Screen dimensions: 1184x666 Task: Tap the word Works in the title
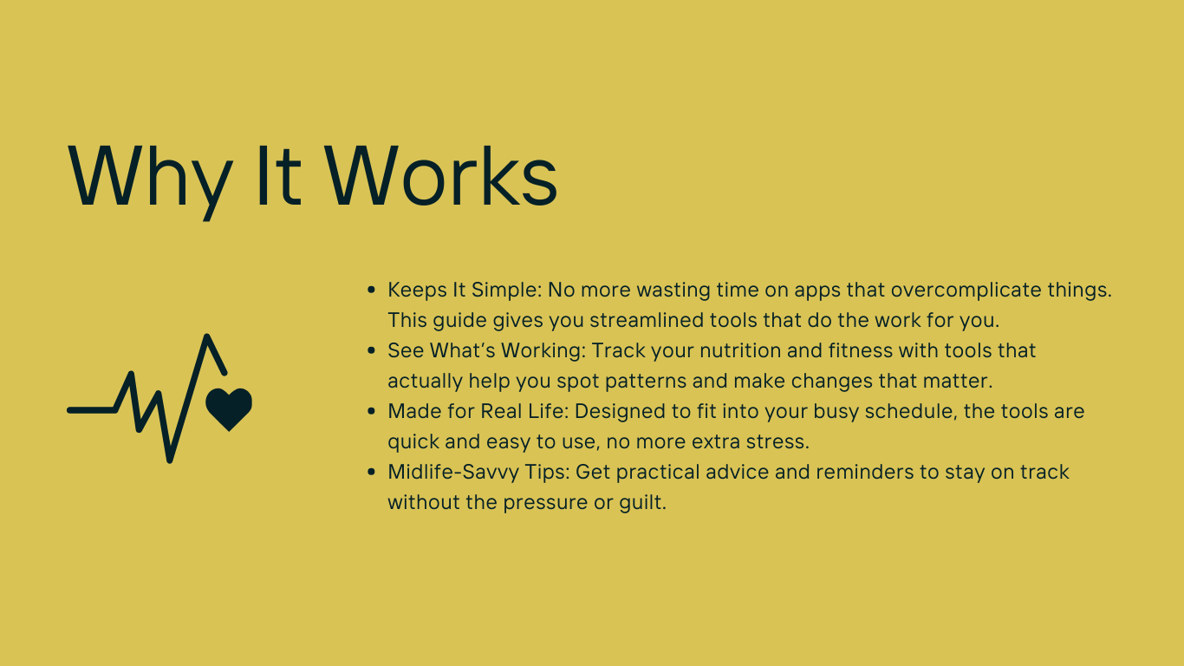[x=441, y=175]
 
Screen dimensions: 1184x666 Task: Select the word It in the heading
[x=278, y=175]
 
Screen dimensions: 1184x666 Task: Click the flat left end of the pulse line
[x=70, y=410]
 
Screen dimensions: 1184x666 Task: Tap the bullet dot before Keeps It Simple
[x=371, y=290]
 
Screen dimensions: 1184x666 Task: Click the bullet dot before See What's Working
[x=371, y=350]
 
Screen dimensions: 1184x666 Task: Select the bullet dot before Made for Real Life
[x=371, y=411]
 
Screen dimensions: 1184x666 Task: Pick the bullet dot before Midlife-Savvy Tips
[x=371, y=472]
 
